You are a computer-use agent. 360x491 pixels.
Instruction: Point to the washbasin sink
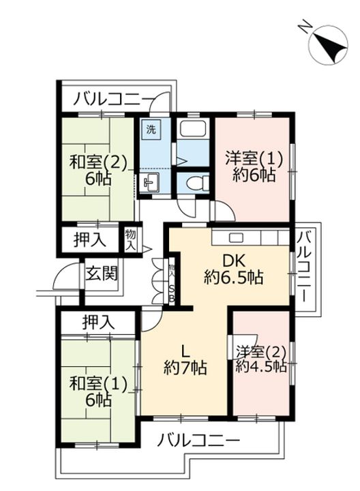(x=151, y=182)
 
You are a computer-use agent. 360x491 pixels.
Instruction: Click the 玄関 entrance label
(x=101, y=273)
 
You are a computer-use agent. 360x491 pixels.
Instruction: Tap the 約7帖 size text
(x=184, y=369)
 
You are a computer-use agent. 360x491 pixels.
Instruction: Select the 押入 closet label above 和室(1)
(x=98, y=321)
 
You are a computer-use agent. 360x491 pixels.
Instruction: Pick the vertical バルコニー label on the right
(x=304, y=269)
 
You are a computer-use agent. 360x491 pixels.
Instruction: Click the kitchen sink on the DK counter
(x=236, y=237)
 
